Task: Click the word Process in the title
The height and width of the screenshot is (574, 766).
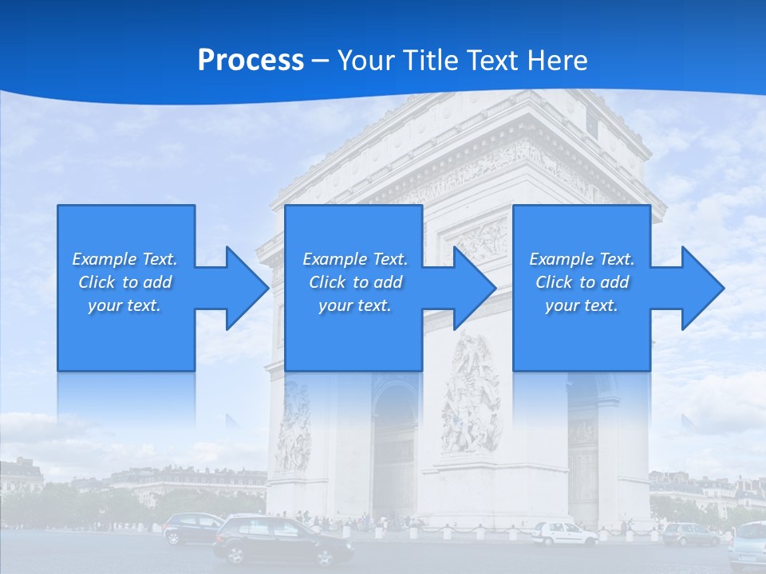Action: (x=251, y=61)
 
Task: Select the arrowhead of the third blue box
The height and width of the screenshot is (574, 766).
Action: (x=697, y=288)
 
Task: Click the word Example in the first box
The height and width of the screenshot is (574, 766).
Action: (x=104, y=259)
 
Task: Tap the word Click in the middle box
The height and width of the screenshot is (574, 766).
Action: (x=326, y=282)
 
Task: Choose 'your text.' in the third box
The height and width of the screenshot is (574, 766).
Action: (x=582, y=305)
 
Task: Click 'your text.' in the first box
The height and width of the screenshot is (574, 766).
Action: (x=124, y=305)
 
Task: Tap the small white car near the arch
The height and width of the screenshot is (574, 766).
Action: (x=563, y=533)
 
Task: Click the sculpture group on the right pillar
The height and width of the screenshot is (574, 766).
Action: (x=472, y=395)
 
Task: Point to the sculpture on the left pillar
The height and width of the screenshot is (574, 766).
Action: (x=294, y=427)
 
